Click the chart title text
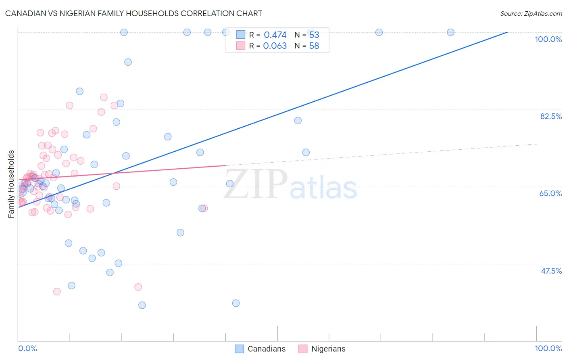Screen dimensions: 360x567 pos(133,13)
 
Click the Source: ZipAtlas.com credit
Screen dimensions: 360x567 pos(531,13)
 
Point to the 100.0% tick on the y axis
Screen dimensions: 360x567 pos(548,39)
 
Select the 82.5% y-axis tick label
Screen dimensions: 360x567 pos(551,116)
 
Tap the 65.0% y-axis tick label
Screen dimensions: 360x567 pos(550,193)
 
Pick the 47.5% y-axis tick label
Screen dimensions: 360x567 pos(551,271)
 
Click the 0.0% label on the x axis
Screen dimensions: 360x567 pos(27,348)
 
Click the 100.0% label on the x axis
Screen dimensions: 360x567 pos(548,348)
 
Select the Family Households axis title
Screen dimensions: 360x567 pos(11,184)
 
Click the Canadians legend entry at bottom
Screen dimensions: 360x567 pos(260,349)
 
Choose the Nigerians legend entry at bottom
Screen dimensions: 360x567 pos(322,349)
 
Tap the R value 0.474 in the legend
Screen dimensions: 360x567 pos(275,35)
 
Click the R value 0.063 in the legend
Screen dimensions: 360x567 pos(275,46)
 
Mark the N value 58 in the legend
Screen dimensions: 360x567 pos(314,46)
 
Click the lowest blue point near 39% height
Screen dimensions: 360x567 pos(142,305)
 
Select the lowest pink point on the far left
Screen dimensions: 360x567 pos(57,291)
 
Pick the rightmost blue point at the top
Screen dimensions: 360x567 pos(450,32)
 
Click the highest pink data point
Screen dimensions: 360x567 pos(104,97)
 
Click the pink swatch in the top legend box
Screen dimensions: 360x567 pos(240,46)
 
